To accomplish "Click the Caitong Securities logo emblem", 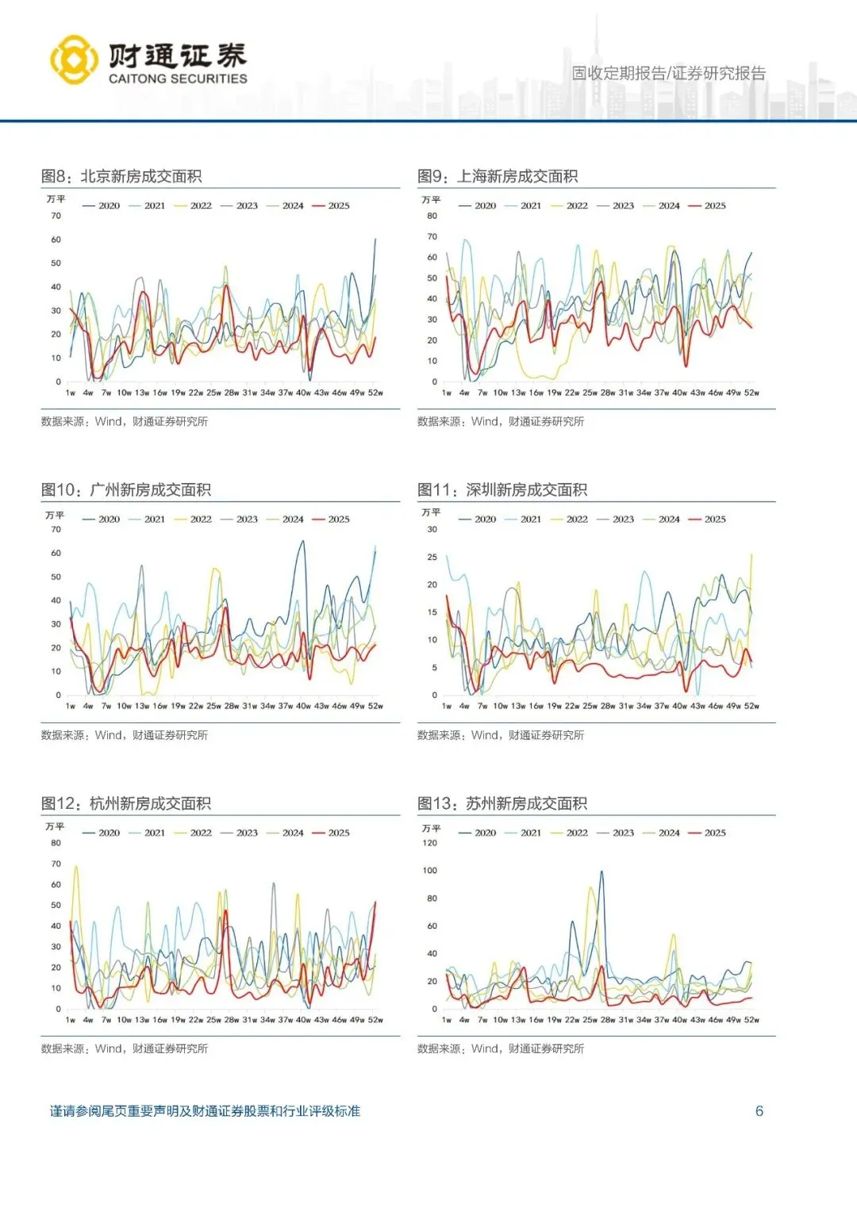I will [x=75, y=60].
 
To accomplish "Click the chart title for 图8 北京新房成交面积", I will [x=121, y=176].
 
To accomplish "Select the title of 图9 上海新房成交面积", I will [x=498, y=176].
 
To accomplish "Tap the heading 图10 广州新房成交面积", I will [x=126, y=489].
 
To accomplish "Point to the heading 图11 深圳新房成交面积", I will [x=502, y=489].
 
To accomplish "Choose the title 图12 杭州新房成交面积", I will [x=126, y=803].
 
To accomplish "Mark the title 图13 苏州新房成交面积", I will [x=502, y=803].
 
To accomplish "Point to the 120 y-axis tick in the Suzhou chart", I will [x=429, y=843].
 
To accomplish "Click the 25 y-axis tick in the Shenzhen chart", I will [x=432, y=557].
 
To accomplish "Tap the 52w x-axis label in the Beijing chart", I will [x=375, y=393].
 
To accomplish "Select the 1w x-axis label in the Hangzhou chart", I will [x=71, y=1020].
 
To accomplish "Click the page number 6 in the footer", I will [x=759, y=1111].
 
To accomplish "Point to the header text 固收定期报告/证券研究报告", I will [x=669, y=74].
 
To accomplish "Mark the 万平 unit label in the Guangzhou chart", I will [x=55, y=515].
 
